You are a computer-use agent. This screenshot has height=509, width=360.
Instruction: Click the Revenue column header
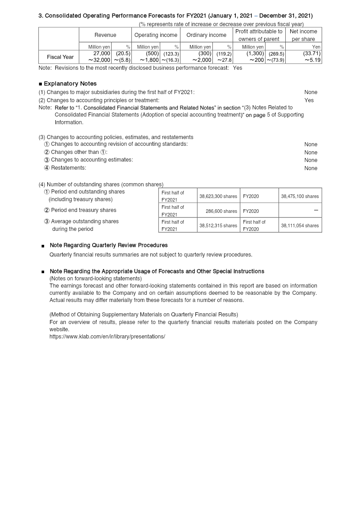point(105,35)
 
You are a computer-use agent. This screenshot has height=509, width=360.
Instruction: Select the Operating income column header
point(156,35)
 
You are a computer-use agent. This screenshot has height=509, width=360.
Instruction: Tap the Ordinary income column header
point(206,35)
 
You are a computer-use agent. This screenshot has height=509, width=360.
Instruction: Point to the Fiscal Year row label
point(60,57)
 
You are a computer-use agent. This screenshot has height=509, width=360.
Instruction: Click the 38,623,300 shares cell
point(218,196)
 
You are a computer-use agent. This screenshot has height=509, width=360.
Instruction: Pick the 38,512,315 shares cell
point(218,225)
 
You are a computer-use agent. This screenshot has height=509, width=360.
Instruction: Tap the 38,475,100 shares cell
point(300,196)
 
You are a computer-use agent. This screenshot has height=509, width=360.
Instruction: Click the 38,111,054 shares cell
point(300,225)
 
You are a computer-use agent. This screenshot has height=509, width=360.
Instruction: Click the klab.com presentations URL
point(107,337)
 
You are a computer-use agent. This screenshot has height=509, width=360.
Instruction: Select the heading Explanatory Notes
point(70,84)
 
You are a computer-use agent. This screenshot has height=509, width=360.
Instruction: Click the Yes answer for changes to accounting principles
point(309,100)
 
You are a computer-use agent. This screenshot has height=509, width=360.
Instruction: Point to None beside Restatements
point(311,168)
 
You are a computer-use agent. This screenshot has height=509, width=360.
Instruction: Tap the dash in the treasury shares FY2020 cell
point(316,211)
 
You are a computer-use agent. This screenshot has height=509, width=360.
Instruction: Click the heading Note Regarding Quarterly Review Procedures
point(108,245)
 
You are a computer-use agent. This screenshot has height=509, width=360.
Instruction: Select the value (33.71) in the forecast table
point(312,54)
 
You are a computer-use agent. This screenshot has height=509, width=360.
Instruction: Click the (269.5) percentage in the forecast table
point(276,54)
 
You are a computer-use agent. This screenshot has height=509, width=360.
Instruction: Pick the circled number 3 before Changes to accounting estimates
point(47,160)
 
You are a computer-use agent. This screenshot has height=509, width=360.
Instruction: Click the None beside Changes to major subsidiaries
point(311,92)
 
